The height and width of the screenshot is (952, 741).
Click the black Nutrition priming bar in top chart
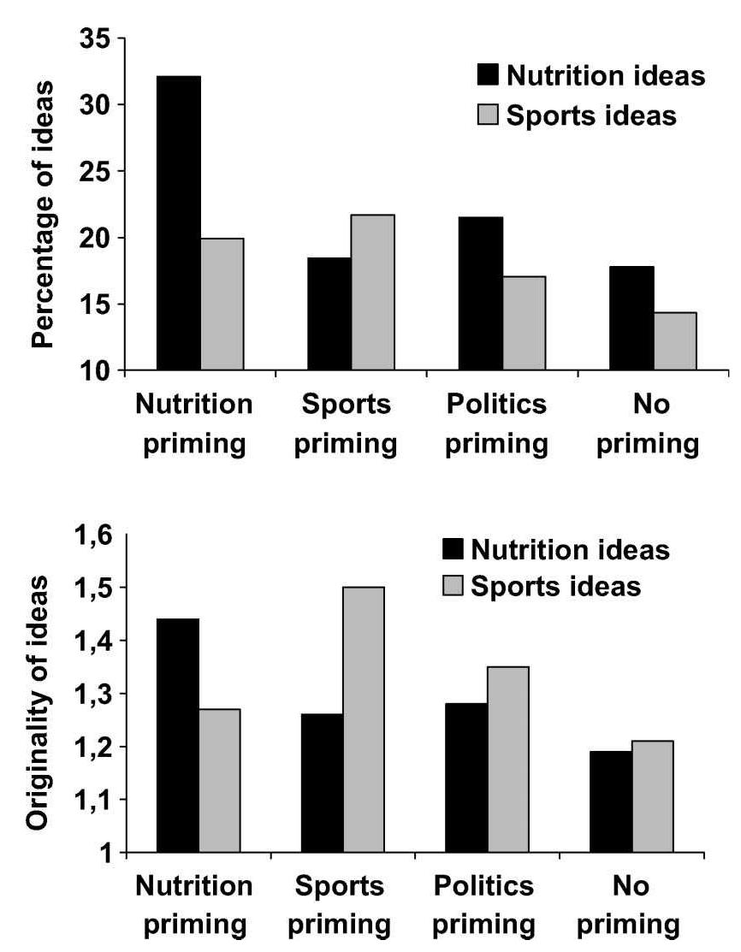point(178,223)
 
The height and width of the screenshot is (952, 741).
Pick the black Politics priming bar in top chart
point(480,293)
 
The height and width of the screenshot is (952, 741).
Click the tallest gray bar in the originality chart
point(362,719)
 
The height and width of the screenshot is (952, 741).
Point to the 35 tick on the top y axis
point(96,38)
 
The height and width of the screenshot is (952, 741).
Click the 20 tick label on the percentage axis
point(96,238)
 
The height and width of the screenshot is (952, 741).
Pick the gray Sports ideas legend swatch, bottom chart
point(453,588)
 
